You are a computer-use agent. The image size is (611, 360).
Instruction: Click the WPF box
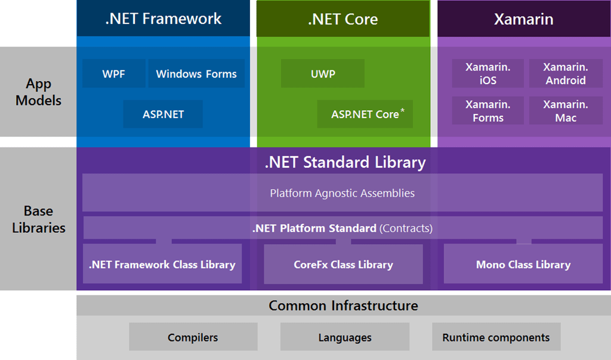coord(113,74)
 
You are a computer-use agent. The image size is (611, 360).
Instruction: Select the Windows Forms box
coord(196,74)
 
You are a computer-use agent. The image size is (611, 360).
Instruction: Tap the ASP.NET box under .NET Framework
coord(163,114)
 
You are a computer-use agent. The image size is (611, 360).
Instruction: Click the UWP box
coord(323,74)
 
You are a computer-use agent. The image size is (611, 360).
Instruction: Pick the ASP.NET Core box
coord(365,114)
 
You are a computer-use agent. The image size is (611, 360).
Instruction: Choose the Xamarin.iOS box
coord(487,73)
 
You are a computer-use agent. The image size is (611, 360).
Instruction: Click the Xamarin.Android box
coord(565,73)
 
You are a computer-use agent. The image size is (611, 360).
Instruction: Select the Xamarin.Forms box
coord(487,111)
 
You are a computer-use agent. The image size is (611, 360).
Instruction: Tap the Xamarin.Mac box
coord(565,111)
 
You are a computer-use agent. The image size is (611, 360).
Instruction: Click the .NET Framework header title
coord(163,19)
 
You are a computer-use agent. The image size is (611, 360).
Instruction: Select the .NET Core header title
coord(343,19)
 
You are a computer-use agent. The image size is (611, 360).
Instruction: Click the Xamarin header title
coord(523,19)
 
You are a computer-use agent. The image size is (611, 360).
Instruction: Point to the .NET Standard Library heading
coord(345,162)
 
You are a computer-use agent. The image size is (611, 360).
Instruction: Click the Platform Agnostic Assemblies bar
coord(342,193)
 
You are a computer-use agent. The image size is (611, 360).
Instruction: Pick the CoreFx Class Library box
coord(343,264)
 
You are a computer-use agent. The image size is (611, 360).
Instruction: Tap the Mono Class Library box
coord(523,264)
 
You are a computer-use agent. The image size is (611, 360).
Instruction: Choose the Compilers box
coord(193,337)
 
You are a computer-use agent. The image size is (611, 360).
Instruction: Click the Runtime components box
coord(496,337)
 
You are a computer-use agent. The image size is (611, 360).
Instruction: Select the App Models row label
coord(38,92)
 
